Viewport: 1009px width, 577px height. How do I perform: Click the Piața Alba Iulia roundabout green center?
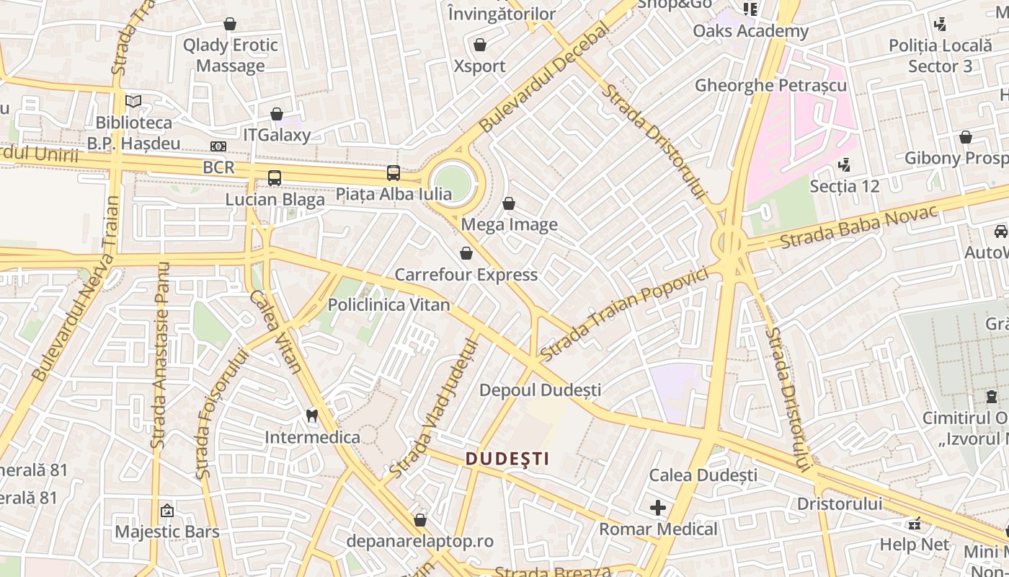(453, 182)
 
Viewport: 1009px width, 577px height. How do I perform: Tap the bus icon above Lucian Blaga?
(275, 178)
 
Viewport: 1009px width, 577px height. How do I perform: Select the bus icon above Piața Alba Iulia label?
(394, 173)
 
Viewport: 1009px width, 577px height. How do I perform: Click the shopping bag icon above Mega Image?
(509, 204)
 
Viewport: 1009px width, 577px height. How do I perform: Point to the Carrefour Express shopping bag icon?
(466, 253)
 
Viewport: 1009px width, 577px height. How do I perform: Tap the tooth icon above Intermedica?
(312, 415)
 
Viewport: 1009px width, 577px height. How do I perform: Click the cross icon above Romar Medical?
(658, 508)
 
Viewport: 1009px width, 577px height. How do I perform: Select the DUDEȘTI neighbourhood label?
(507, 459)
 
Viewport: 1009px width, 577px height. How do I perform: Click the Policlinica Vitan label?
(389, 305)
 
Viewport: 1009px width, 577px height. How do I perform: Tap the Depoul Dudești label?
(541, 390)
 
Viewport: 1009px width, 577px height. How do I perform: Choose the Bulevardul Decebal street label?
(545, 79)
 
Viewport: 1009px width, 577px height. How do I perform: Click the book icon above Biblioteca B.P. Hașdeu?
(133, 101)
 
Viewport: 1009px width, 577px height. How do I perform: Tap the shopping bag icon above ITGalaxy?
(277, 114)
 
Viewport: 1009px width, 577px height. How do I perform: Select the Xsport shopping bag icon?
(480, 45)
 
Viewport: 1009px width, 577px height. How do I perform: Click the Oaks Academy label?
(751, 31)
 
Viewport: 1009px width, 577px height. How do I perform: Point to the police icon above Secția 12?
(844, 165)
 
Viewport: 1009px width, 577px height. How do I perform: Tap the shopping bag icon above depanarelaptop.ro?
(420, 520)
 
